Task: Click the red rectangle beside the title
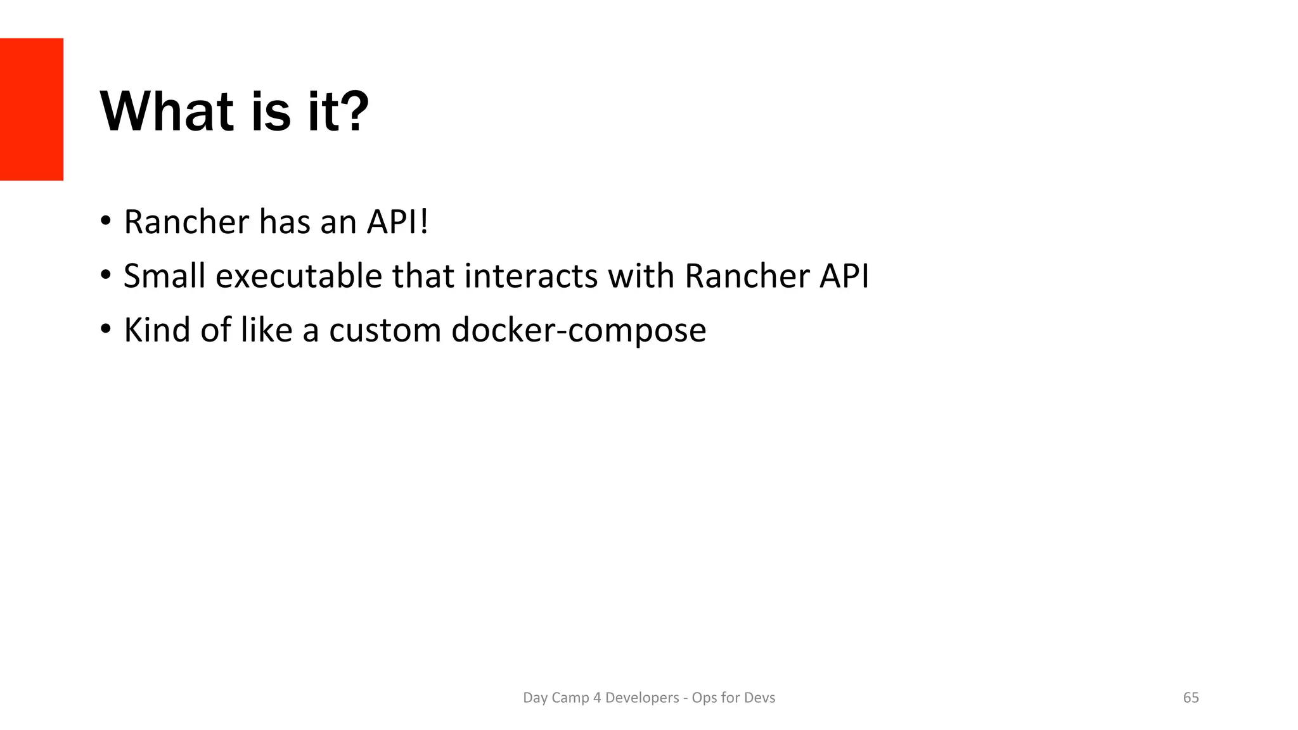[31, 109]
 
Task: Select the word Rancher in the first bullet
[186, 222]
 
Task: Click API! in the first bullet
[397, 222]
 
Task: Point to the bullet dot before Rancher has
[106, 222]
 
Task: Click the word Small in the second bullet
[164, 276]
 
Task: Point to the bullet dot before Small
[106, 276]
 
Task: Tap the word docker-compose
[578, 330]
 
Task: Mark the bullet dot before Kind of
[106, 330]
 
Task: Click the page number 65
[1191, 698]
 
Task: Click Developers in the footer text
[641, 698]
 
